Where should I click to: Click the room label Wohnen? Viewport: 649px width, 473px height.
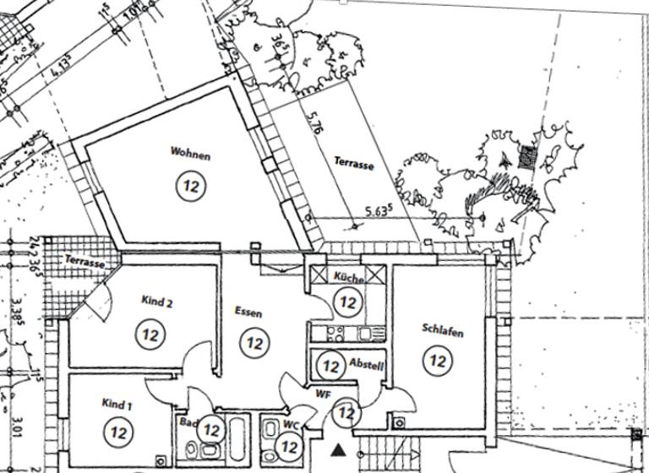pos(190,155)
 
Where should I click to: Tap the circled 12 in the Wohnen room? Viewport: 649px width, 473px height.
pos(190,185)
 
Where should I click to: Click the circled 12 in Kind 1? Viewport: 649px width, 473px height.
pos(117,432)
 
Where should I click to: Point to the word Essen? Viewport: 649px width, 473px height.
pos(248,313)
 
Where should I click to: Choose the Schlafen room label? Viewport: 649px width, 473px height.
pos(442,333)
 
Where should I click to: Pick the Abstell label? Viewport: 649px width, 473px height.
pos(367,366)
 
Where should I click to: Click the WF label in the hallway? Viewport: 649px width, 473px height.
pos(324,393)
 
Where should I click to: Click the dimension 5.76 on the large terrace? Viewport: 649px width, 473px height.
pos(314,127)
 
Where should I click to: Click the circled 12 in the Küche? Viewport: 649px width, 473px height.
pos(346,300)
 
